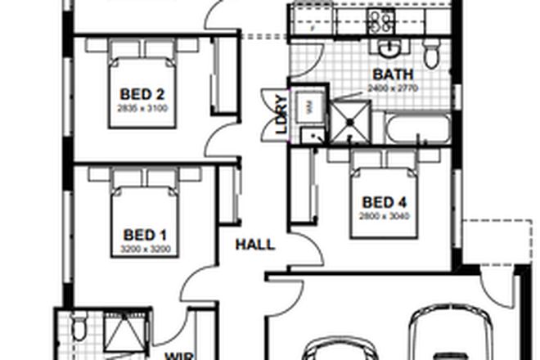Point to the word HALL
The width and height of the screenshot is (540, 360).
click(255, 245)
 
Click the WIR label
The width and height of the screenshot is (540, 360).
click(180, 356)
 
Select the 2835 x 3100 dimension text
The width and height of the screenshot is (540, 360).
click(143, 108)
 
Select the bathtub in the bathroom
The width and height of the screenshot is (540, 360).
click(418, 128)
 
